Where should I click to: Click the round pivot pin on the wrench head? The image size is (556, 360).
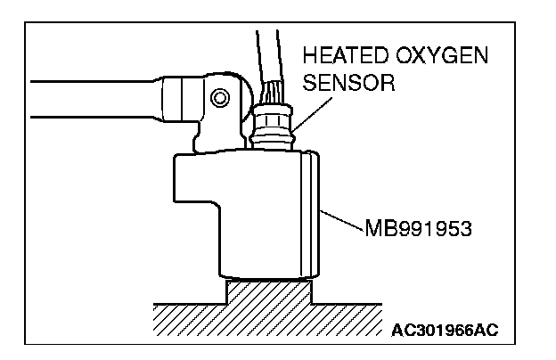click(217, 95)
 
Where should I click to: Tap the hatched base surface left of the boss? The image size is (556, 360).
click(178, 316)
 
